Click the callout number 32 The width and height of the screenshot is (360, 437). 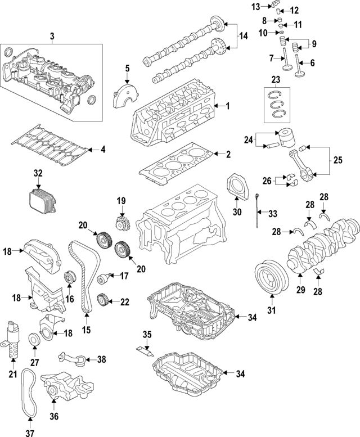pos(38,174)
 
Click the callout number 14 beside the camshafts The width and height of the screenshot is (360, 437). pos(242,36)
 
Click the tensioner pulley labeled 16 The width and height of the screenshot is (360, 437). pos(70,277)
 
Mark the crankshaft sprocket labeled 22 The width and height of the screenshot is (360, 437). pos(103,300)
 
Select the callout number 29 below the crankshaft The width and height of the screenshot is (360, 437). pos(300,290)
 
